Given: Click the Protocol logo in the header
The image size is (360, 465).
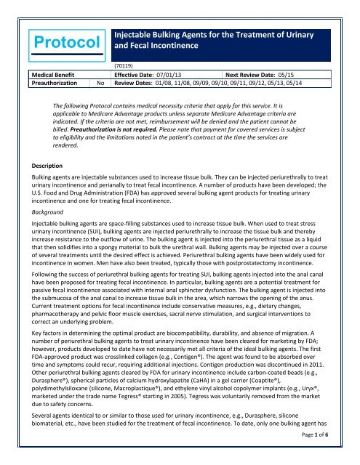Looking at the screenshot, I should coord(51,35).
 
